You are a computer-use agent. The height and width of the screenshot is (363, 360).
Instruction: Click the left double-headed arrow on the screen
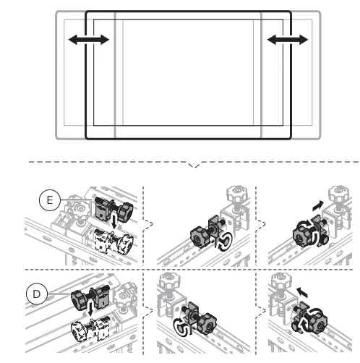89,40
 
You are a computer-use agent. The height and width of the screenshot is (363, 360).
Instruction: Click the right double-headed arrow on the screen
286,40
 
